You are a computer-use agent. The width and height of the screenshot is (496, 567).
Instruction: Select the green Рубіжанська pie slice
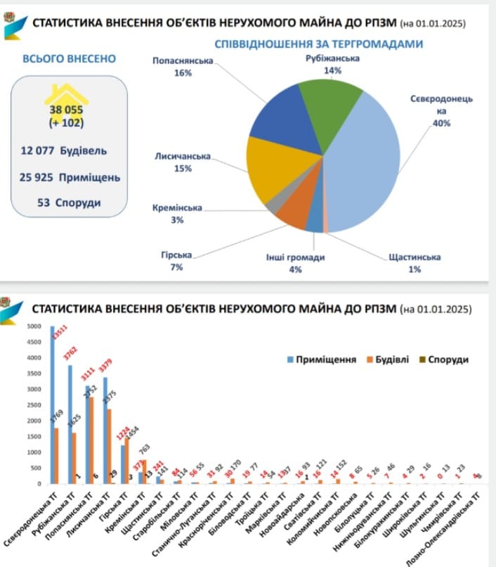click(x=327, y=106)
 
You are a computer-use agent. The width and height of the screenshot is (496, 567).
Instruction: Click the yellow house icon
click(x=67, y=98)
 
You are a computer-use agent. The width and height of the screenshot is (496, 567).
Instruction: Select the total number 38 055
click(x=67, y=110)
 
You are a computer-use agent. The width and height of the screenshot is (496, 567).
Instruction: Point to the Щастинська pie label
click(x=415, y=257)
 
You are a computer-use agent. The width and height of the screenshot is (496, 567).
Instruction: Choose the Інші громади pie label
click(x=295, y=257)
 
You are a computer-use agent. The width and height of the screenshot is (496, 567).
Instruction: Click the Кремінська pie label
click(x=177, y=208)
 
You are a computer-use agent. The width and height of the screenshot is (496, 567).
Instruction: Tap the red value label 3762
click(x=70, y=352)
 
